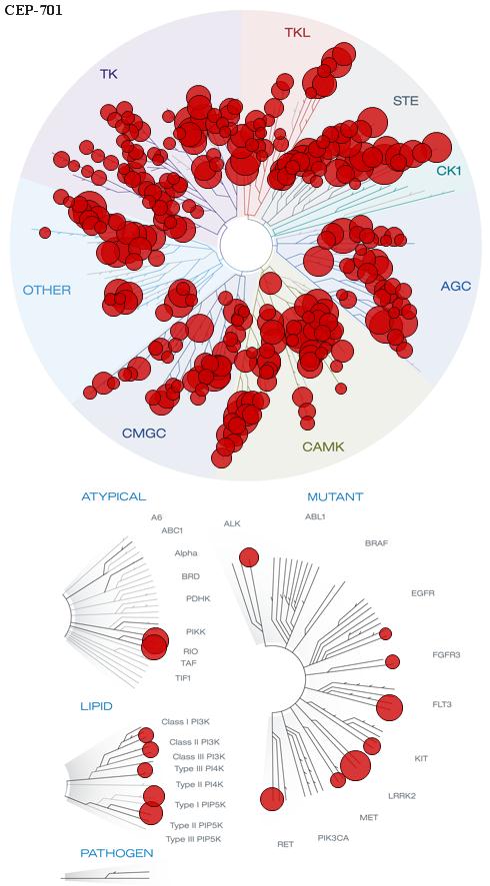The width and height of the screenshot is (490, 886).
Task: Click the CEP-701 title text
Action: click(x=33, y=10)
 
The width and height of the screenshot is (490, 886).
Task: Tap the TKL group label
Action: click(x=297, y=33)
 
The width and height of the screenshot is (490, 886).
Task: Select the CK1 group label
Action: click(x=449, y=170)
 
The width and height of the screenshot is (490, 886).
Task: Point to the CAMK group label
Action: click(x=323, y=446)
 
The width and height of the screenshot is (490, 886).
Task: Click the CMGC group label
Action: click(x=144, y=434)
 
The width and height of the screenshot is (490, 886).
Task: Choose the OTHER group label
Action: click(x=47, y=291)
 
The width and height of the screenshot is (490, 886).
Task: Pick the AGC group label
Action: click(x=455, y=286)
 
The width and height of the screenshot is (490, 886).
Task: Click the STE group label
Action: click(x=406, y=101)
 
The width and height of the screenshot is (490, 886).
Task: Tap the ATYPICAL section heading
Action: click(x=114, y=496)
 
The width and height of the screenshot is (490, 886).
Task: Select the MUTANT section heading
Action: click(x=335, y=497)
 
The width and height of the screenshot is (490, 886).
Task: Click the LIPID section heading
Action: click(x=96, y=706)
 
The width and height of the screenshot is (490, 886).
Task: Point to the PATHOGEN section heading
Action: click(x=117, y=853)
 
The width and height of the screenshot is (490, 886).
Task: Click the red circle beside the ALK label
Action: click(x=248, y=557)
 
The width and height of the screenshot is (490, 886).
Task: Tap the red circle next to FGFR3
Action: click(x=392, y=661)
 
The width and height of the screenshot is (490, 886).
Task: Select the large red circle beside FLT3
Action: click(x=389, y=707)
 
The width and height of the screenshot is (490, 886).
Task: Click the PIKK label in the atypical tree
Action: click(x=195, y=631)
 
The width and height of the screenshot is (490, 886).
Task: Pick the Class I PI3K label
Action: click(x=186, y=721)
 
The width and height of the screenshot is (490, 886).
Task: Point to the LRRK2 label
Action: click(x=402, y=796)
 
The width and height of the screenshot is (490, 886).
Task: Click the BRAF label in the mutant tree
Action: click(x=376, y=543)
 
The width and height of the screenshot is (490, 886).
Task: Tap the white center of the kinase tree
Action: click(x=246, y=245)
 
